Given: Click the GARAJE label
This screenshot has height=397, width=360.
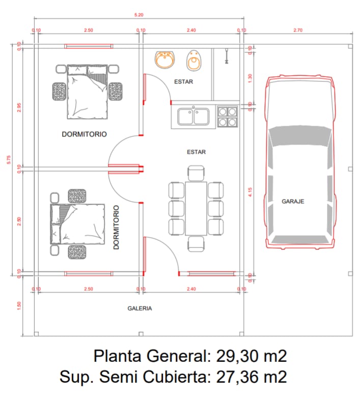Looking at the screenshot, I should pos(293,202).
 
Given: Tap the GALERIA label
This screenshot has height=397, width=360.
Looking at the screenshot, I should pos(140,308).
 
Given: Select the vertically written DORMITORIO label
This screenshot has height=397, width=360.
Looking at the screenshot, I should pos(116,227).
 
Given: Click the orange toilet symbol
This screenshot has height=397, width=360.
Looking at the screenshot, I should pos(193,61).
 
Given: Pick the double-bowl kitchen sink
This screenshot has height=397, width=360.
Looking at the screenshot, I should pos(193,117).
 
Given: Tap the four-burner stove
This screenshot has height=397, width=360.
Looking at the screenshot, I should pos(227,117).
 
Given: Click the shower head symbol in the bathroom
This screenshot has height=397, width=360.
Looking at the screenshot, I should pos(226,56).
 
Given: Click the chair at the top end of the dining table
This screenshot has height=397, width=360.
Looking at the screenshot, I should pos(196,173).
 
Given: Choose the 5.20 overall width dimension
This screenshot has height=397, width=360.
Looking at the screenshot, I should pos(139,15).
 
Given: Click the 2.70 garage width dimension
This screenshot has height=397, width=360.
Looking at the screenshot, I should pos(298,31).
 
